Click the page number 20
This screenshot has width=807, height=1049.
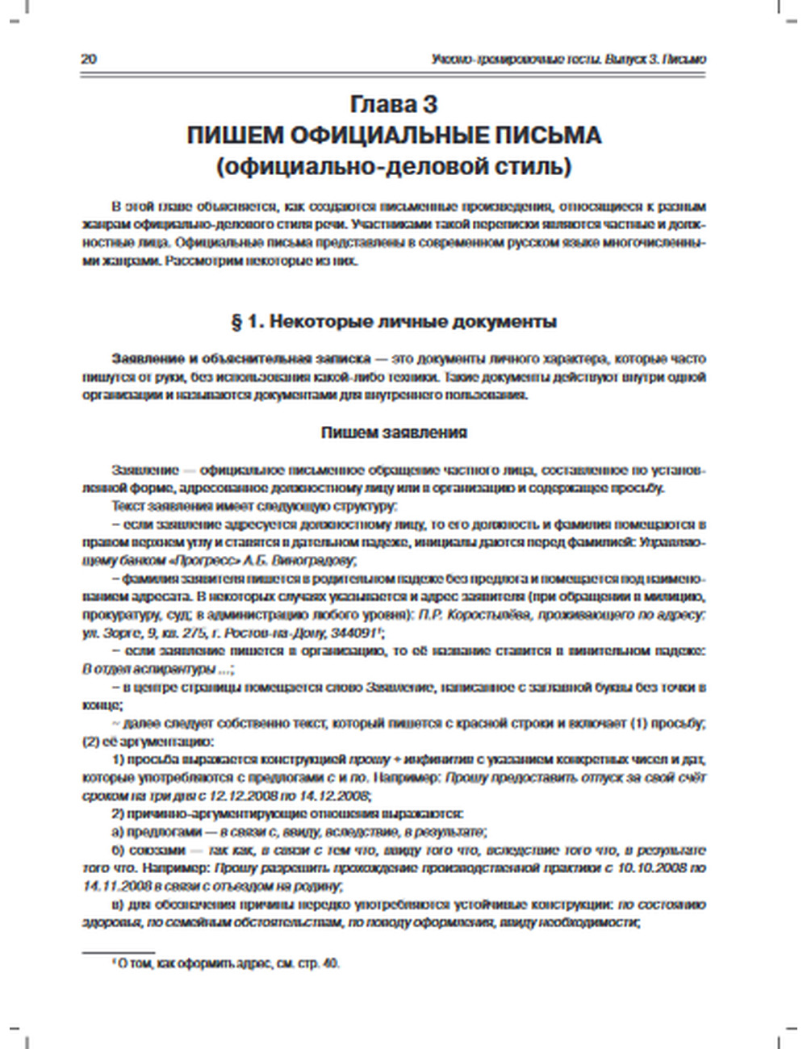[x=90, y=60]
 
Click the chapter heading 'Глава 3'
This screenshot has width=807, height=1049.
[x=394, y=106]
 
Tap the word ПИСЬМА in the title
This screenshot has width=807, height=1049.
[x=553, y=136]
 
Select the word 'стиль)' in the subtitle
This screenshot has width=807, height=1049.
[x=536, y=167]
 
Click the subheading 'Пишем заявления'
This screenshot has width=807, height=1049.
[x=394, y=433]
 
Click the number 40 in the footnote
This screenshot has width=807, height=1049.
[x=331, y=963]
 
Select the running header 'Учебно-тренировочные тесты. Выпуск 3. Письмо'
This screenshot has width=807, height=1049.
[x=570, y=60]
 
